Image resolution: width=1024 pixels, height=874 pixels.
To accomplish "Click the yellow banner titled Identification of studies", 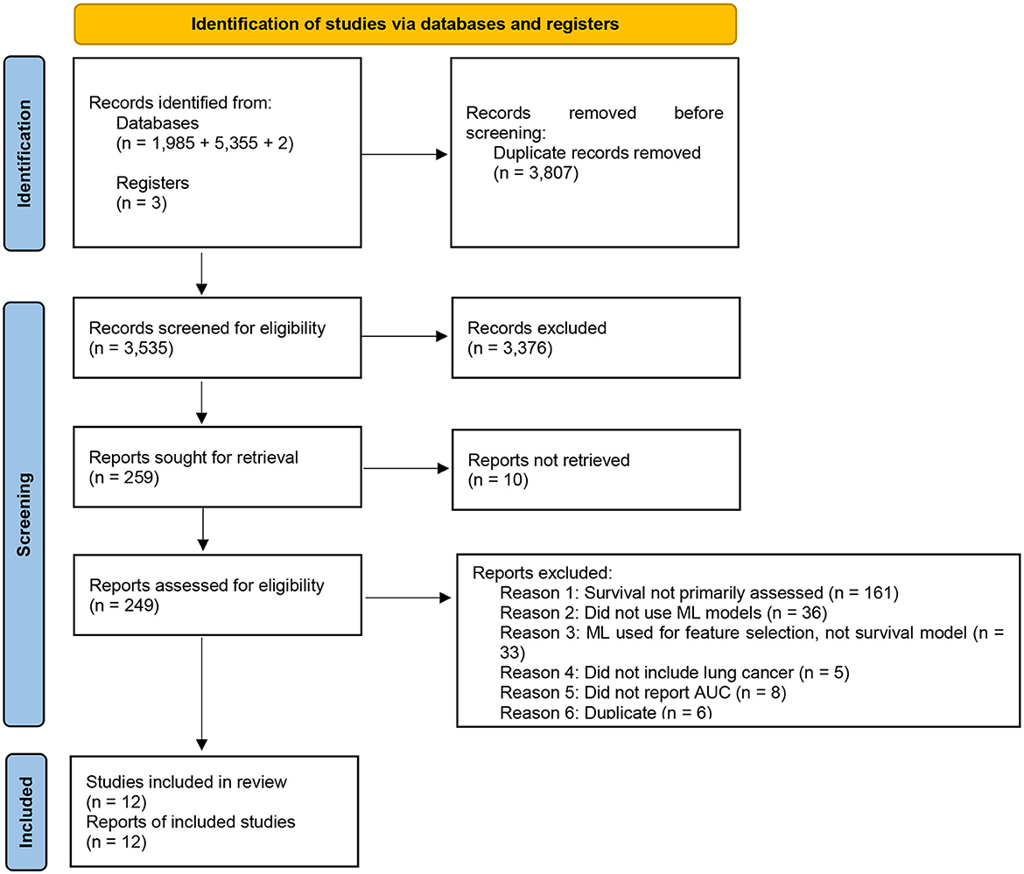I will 405,24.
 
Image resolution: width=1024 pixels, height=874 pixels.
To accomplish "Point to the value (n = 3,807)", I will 537,172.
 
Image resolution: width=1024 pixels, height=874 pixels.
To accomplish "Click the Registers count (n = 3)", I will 141,203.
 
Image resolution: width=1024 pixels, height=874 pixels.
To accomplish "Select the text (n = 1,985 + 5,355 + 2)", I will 204,143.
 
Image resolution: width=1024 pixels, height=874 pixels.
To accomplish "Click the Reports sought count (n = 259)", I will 123,479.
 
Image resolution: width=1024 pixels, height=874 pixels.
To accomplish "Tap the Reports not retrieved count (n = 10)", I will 499,479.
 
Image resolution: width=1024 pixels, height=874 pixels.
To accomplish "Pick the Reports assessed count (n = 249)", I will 123,605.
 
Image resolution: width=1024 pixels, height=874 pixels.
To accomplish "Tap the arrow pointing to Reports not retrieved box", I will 406,469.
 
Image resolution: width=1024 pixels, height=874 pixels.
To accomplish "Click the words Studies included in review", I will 186,781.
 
